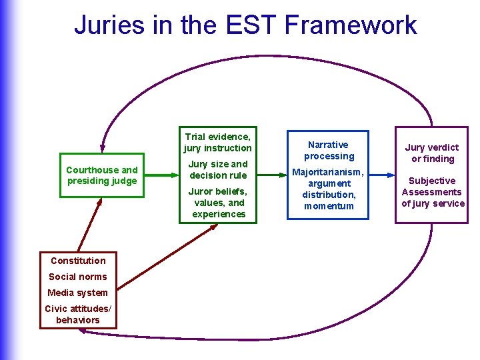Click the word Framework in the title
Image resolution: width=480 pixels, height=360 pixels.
click(x=351, y=25)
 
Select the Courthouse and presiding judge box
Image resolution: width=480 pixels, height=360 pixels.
click(x=102, y=175)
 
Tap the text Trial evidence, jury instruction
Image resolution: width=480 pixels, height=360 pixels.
click(x=218, y=142)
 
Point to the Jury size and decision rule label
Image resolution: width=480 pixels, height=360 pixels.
click(x=218, y=170)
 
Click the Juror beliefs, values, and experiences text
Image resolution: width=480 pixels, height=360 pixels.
click(x=218, y=203)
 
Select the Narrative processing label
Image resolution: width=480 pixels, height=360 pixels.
click(x=329, y=150)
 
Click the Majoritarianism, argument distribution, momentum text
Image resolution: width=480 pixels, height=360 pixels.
click(x=329, y=189)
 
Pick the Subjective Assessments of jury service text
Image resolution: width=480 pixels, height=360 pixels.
click(x=433, y=192)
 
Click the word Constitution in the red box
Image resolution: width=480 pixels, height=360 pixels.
click(x=78, y=261)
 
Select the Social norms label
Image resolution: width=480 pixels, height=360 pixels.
click(x=78, y=277)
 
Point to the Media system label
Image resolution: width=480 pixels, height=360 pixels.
click(x=78, y=293)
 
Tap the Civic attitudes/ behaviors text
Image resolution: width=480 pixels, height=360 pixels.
click(x=78, y=314)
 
